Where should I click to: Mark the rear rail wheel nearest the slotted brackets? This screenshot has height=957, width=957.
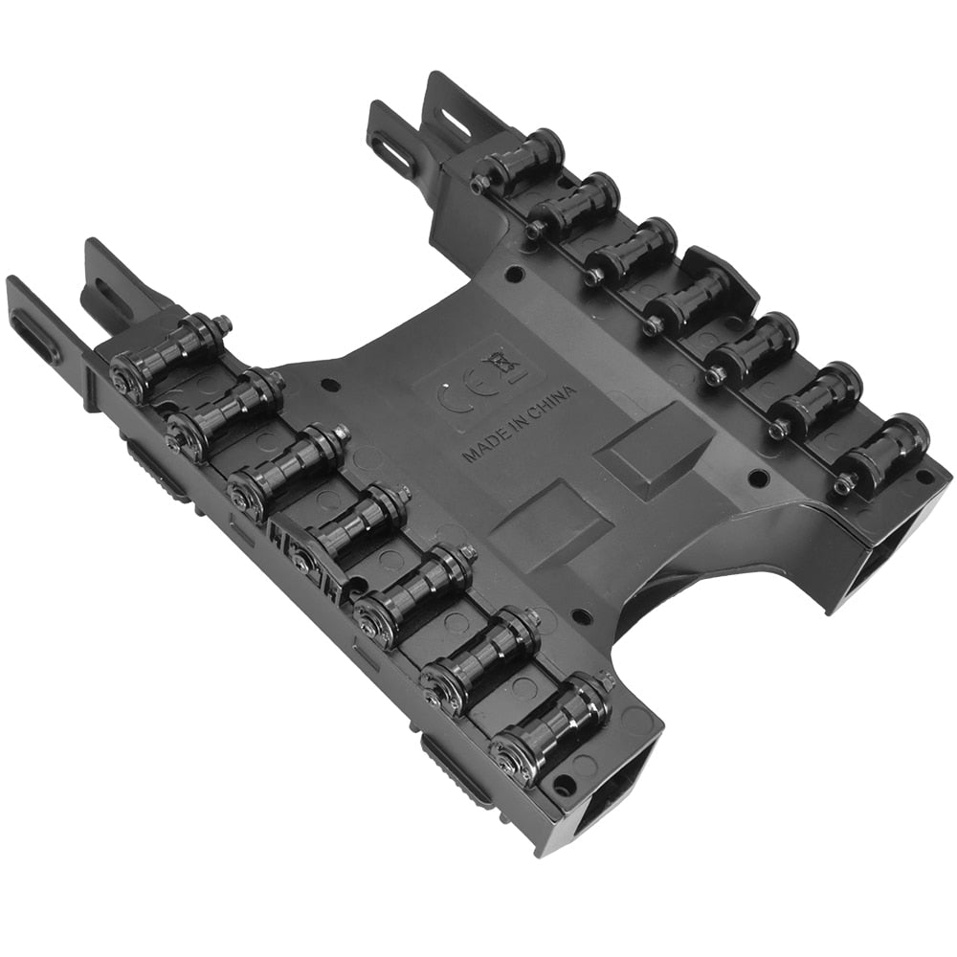point(522,158)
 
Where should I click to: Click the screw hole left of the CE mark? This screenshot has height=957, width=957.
point(330,387)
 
